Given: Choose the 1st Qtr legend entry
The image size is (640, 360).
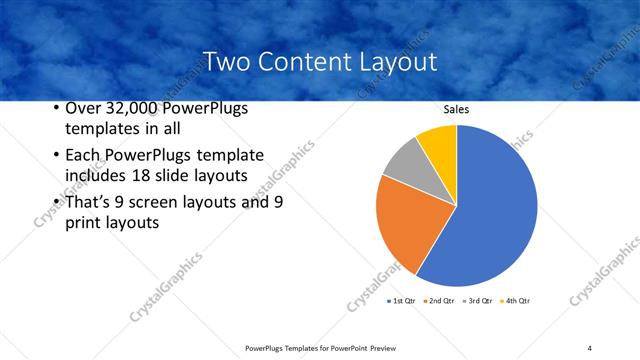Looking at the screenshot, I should click(403, 300).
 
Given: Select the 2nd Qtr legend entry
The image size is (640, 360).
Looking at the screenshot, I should click(439, 300).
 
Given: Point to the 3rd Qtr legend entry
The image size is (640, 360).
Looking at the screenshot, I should click(477, 300).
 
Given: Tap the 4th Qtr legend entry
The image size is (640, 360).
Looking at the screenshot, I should click(515, 300).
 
